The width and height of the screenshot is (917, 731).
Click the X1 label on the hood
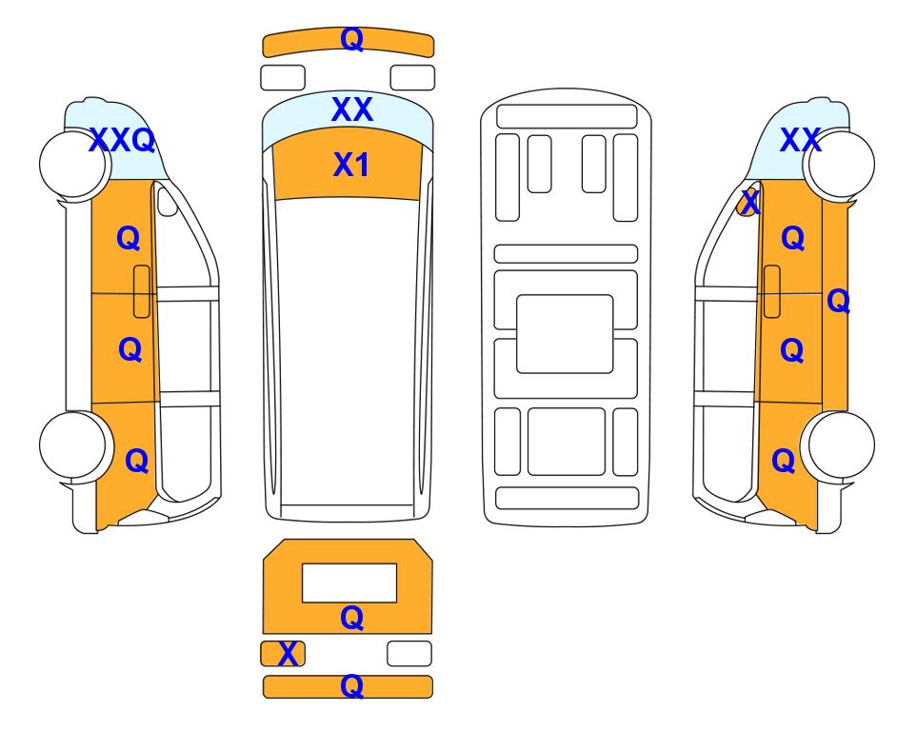point(350,165)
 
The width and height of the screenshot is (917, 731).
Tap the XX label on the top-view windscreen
point(351,109)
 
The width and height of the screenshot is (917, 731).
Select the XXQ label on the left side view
point(122,140)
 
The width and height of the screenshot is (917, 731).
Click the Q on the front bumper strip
point(351,39)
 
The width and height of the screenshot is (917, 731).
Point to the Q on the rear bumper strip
point(351,686)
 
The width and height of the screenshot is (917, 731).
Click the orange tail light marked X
point(283,653)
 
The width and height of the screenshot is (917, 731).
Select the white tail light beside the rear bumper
point(409,653)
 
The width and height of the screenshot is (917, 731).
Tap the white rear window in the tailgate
point(349,583)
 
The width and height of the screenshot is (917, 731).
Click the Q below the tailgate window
point(351,618)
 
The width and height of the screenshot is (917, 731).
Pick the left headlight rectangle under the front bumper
point(283,78)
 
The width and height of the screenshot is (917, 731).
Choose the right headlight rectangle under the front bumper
point(412,78)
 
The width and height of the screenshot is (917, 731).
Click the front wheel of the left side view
point(74,165)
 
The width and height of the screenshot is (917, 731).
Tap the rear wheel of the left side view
point(74,445)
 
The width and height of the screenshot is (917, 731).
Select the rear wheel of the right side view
point(839,445)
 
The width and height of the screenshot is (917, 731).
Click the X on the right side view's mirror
point(749,202)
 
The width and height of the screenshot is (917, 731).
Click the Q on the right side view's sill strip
point(838,301)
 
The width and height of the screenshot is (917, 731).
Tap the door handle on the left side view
point(142,291)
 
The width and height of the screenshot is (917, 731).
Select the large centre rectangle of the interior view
point(565,334)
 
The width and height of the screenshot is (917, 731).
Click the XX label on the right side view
point(800,140)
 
